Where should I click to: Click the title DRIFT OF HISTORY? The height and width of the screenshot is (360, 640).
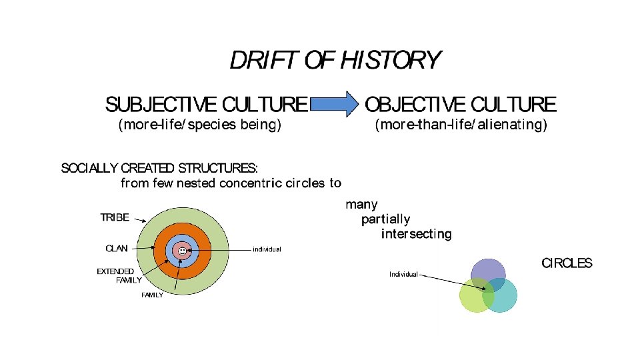pos(335,61)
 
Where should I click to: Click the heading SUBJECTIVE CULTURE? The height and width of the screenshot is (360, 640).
pos(207,105)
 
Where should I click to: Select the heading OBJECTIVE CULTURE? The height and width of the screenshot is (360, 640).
pos(461,105)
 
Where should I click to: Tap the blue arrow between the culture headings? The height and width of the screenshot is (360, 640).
pos(335,105)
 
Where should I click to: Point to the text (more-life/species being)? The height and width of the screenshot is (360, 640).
pos(199,125)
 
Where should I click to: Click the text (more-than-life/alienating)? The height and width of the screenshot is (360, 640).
pos(461,125)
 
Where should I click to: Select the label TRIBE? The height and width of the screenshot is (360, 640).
pos(114,217)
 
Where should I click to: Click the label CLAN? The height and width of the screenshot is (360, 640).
pos(117,249)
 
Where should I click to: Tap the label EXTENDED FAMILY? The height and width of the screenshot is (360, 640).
pos(119,276)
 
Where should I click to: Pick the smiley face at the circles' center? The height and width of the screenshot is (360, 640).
pos(181,251)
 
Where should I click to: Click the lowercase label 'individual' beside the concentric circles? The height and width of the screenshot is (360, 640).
pos(267,249)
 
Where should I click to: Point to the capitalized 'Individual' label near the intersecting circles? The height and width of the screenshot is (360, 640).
pos(403,274)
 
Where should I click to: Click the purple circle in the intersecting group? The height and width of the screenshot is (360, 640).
pos(488,270)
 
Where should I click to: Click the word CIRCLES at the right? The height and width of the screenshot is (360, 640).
pos(567,263)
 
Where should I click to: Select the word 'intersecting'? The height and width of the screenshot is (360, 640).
pos(416,234)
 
